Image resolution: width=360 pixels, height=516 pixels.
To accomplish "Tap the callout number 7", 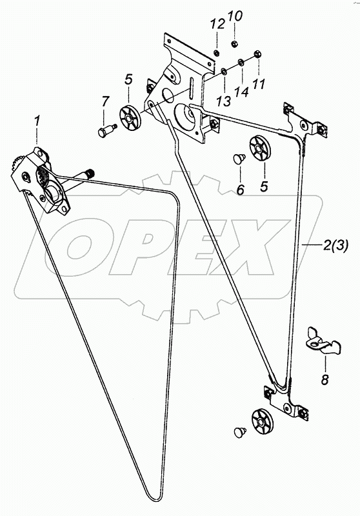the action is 105,102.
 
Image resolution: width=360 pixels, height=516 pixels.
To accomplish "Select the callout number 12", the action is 218,24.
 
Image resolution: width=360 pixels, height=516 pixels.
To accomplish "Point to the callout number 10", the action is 235,15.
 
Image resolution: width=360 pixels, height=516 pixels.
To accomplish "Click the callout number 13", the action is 224,101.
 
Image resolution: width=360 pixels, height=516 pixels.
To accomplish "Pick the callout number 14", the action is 241,92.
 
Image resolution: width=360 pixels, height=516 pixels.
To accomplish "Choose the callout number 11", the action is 259,84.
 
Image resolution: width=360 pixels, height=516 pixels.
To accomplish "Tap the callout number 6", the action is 241,189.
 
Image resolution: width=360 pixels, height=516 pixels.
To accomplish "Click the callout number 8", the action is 325,380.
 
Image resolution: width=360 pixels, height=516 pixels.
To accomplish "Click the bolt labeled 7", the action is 107,130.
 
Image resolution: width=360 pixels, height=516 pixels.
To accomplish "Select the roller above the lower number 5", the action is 260,148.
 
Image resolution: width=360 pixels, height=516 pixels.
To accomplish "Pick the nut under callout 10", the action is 235,43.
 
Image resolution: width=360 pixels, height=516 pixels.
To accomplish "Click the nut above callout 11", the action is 258,54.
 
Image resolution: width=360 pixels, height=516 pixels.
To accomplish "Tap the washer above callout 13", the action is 224,71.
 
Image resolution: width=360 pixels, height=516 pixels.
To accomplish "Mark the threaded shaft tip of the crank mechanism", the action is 90,172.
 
